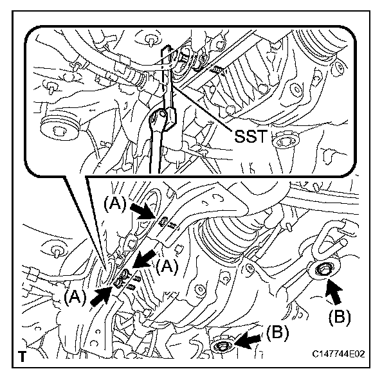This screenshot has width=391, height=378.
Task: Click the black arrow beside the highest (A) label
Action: click(x=143, y=210)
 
